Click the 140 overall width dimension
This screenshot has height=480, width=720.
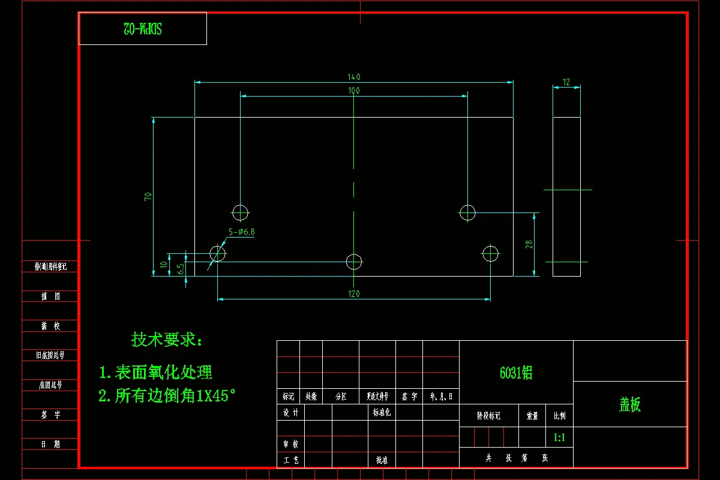(354, 77)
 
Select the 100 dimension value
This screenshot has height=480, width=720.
(354, 91)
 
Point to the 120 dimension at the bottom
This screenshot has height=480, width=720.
(354, 293)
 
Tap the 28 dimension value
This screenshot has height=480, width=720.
(529, 244)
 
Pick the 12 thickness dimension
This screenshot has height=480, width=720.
(566, 82)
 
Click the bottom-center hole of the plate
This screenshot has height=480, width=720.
(354, 261)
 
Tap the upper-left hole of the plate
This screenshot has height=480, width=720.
(240, 212)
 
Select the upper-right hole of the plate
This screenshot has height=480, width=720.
(467, 212)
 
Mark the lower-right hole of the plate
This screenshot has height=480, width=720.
(490, 253)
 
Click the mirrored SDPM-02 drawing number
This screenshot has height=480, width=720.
(143, 28)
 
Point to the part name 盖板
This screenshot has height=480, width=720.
(630, 405)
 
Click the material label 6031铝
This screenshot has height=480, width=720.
(516, 373)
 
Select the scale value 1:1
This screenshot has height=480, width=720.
(559, 437)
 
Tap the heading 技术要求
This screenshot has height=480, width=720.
(167, 340)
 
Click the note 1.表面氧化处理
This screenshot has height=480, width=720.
(155, 373)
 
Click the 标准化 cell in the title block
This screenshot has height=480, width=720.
(382, 412)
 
